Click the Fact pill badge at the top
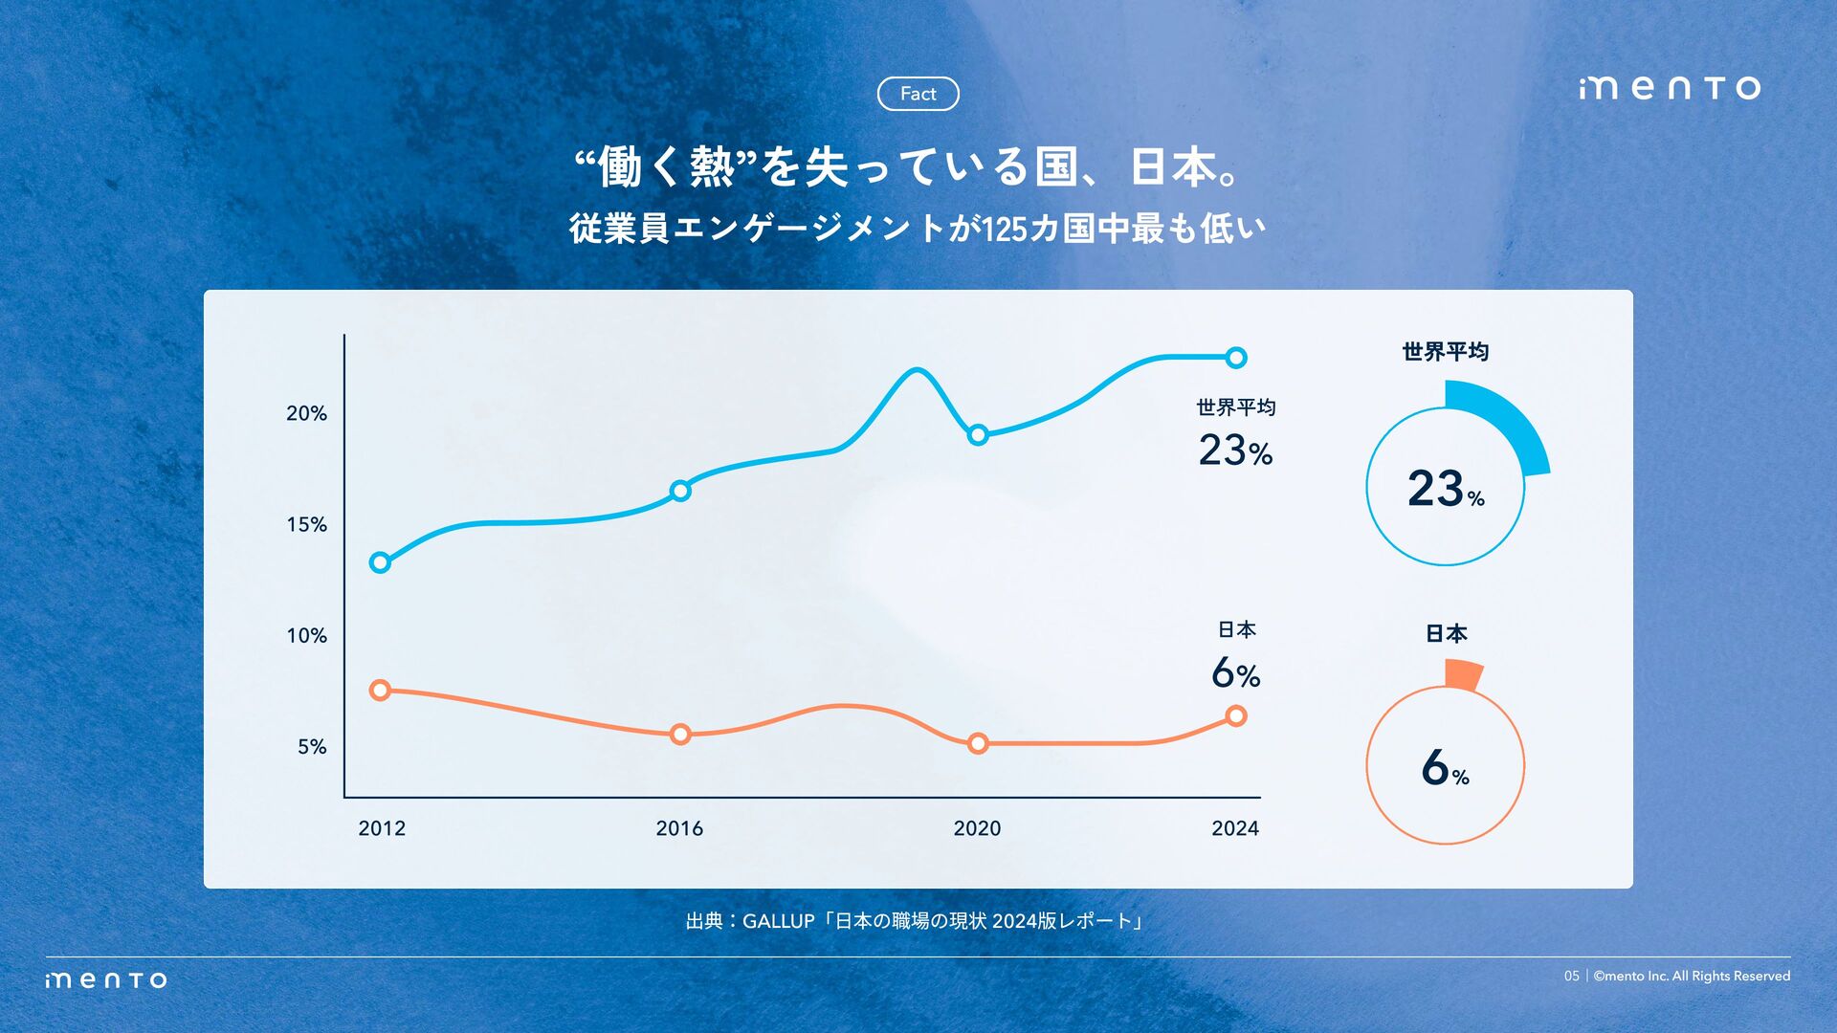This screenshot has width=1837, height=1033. point(918,94)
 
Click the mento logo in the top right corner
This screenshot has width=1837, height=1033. point(1670,88)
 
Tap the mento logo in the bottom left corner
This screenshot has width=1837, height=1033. point(106,979)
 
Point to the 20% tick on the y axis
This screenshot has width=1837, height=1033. point(306,413)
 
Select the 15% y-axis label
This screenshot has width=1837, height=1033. point(306,524)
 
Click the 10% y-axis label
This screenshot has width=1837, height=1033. point(306,635)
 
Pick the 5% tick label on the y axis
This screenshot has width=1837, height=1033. point(312,746)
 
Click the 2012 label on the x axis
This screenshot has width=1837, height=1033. point(382,828)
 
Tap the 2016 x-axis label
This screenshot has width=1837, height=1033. point(679,828)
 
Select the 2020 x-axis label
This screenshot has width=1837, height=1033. point(977,828)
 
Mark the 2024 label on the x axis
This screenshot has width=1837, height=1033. point(1235,828)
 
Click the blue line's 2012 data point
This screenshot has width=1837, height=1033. point(380,562)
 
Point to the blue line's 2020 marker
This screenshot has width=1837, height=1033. point(978,435)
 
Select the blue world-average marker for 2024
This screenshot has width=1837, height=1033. point(1236,358)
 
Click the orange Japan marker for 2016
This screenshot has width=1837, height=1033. point(680,735)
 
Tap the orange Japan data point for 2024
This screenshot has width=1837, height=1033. point(1236,716)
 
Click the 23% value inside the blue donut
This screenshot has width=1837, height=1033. point(1445,488)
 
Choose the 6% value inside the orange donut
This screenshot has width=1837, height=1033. point(1445,767)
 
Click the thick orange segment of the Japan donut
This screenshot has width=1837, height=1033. point(1464,674)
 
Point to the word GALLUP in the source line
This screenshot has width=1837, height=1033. point(778,921)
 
